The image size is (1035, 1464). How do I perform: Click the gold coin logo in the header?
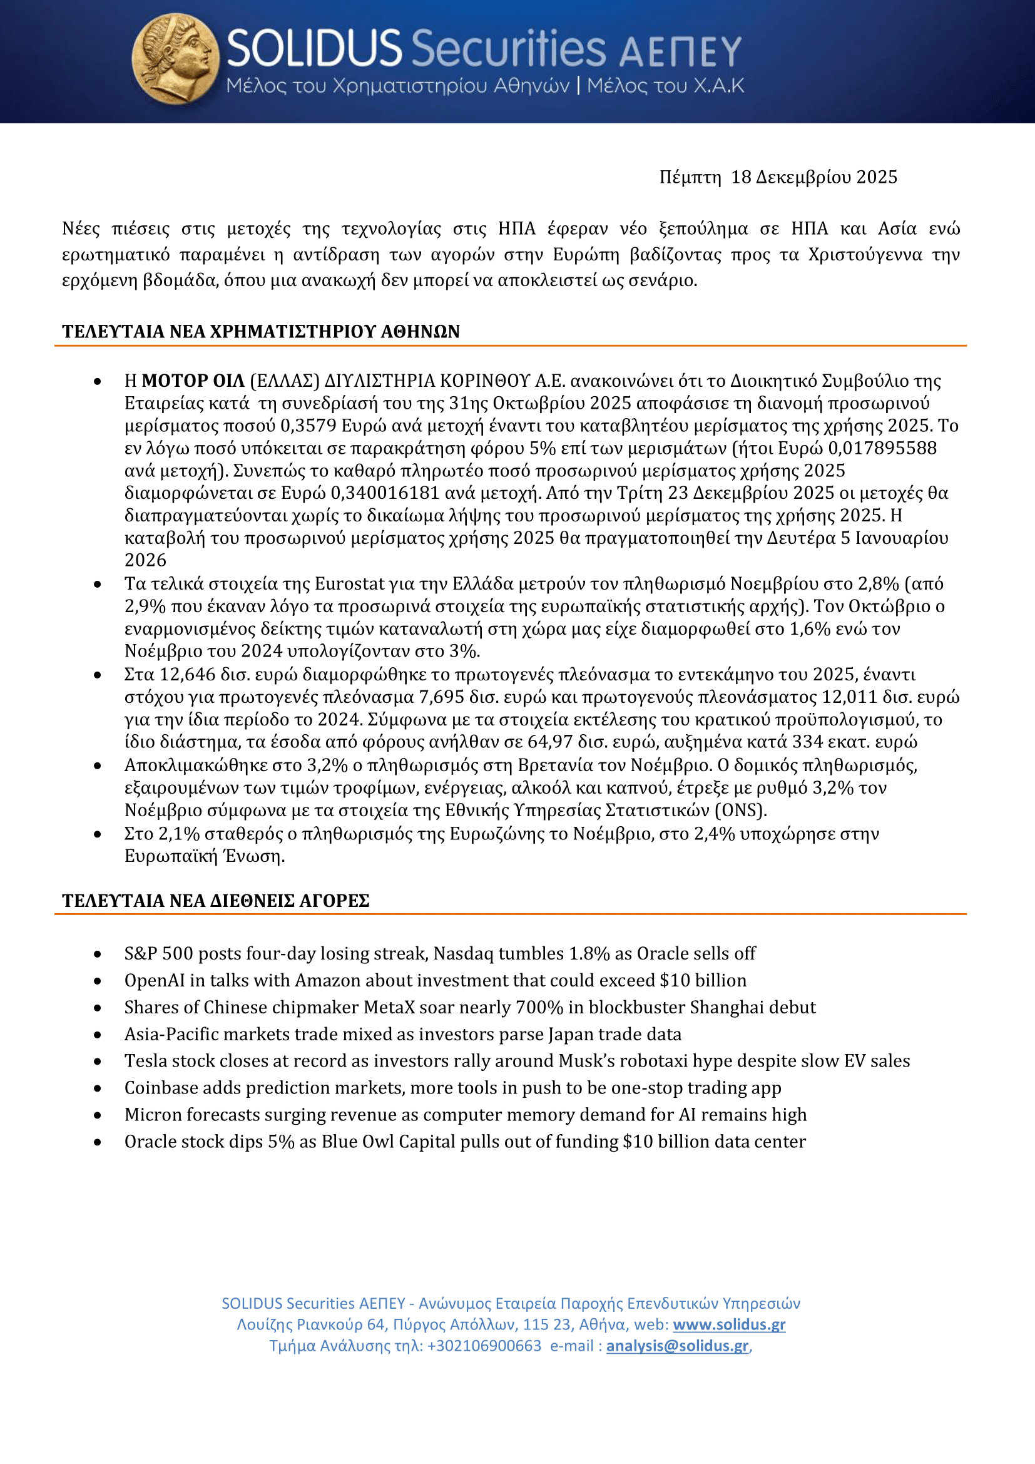tap(175, 59)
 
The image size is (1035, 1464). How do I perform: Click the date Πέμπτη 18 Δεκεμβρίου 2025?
tap(778, 177)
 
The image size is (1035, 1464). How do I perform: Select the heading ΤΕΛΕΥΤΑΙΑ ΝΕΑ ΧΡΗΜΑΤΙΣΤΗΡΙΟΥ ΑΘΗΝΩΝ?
tap(261, 332)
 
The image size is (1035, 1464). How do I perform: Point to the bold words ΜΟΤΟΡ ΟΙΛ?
tap(193, 381)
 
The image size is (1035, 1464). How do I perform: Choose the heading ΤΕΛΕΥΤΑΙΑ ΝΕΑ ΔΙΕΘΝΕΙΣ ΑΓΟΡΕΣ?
tap(215, 900)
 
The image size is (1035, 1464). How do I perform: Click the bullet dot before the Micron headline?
tap(98, 1115)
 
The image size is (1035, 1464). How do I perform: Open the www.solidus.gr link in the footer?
tap(729, 1324)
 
